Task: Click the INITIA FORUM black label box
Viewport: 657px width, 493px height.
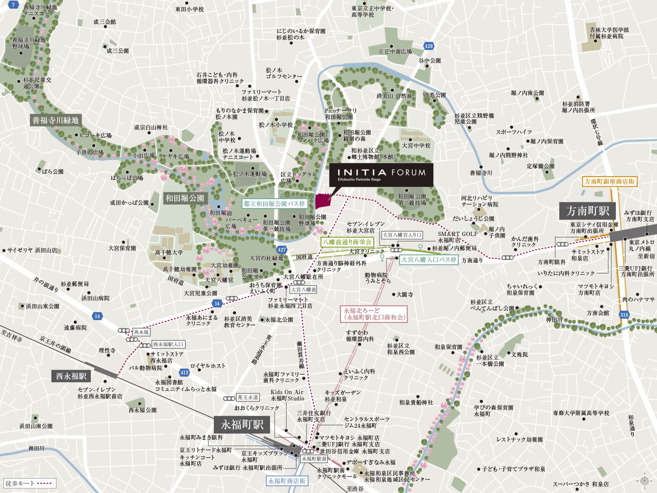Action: (x=381, y=175)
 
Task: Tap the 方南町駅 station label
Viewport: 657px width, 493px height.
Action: (x=587, y=211)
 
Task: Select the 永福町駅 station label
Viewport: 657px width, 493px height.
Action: (x=242, y=424)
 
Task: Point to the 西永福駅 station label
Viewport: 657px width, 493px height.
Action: (x=71, y=376)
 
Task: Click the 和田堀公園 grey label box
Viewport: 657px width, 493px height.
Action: (x=184, y=198)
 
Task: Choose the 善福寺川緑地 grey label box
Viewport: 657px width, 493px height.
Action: (x=55, y=120)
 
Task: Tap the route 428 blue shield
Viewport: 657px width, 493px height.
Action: (x=428, y=46)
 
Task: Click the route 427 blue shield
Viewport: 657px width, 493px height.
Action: (x=282, y=249)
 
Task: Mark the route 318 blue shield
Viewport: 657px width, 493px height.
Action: (x=624, y=315)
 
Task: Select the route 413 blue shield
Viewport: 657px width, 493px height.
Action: (x=184, y=372)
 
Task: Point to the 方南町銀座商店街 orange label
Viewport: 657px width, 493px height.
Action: (x=609, y=182)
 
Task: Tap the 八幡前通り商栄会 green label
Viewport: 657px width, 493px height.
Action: (x=347, y=242)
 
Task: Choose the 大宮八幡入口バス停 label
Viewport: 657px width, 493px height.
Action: (x=429, y=260)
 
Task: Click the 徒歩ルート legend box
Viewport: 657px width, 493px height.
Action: (x=29, y=483)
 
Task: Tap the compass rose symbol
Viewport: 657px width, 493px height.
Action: (x=644, y=480)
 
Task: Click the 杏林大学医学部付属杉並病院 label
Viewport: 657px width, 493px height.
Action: (x=609, y=33)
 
